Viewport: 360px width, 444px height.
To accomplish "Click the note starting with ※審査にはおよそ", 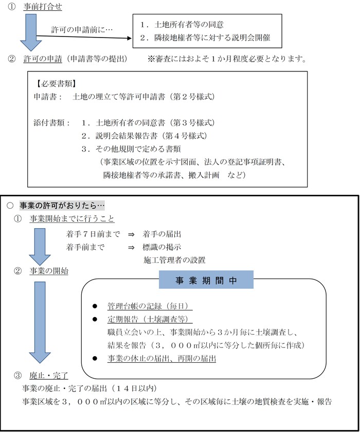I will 227,59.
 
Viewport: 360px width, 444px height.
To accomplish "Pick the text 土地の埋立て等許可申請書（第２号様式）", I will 143,97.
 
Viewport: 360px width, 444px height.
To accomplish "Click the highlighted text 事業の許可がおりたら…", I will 62,205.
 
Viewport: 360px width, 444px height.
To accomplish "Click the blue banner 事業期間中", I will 206,281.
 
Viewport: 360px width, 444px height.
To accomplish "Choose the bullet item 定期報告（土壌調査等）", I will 149,319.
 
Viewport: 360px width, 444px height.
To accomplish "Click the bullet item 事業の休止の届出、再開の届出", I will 161,358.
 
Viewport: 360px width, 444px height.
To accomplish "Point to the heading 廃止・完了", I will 49,376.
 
